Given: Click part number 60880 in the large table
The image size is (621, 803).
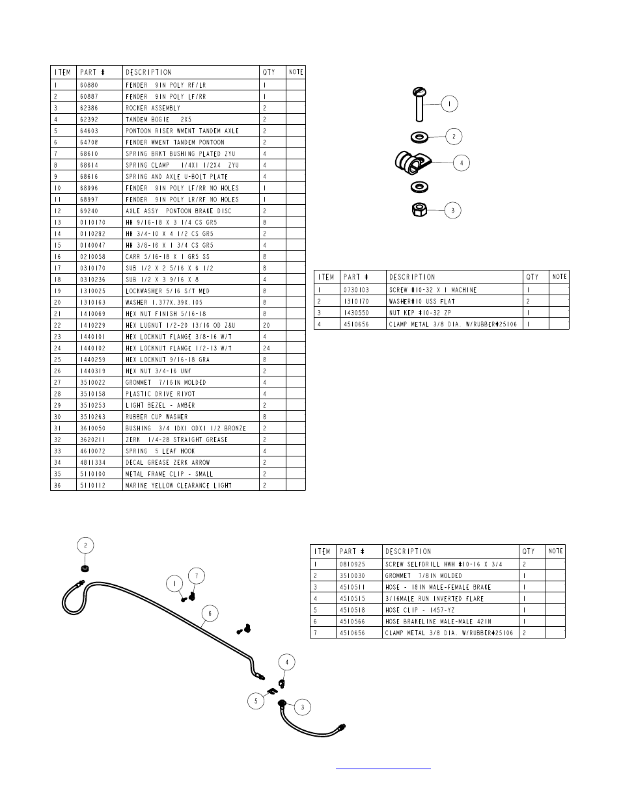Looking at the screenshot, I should pyautogui.click(x=89, y=85).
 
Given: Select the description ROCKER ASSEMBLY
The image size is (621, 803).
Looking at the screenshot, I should pyautogui.click(x=153, y=108).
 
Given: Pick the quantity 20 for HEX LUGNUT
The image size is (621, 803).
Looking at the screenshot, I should pyautogui.click(x=266, y=325).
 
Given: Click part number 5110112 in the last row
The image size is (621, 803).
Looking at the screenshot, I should pyautogui.click(x=92, y=485).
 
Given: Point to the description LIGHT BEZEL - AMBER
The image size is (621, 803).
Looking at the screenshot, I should pyautogui.click(x=160, y=405).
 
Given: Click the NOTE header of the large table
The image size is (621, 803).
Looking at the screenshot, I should pyautogui.click(x=296, y=72).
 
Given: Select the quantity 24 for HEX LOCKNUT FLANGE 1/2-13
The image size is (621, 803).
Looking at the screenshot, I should pyautogui.click(x=266, y=348).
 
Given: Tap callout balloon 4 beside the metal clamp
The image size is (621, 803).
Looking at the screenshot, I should pyautogui.click(x=462, y=163).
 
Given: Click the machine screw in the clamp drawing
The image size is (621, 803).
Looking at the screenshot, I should pyautogui.click(x=419, y=105).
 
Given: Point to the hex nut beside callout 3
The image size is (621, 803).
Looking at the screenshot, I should pyautogui.click(x=419, y=209).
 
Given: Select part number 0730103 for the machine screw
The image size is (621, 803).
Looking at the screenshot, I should pyautogui.click(x=356, y=290).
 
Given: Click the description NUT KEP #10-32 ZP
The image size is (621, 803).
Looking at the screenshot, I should pyautogui.click(x=421, y=313).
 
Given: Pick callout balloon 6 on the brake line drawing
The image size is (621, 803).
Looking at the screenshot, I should pyautogui.click(x=210, y=613).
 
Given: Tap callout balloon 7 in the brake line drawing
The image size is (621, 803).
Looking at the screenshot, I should pyautogui.click(x=197, y=575).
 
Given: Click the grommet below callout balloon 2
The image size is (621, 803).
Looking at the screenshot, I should pyautogui.click(x=85, y=568).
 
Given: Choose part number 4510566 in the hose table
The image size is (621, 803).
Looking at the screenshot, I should pyautogui.click(x=352, y=622).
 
